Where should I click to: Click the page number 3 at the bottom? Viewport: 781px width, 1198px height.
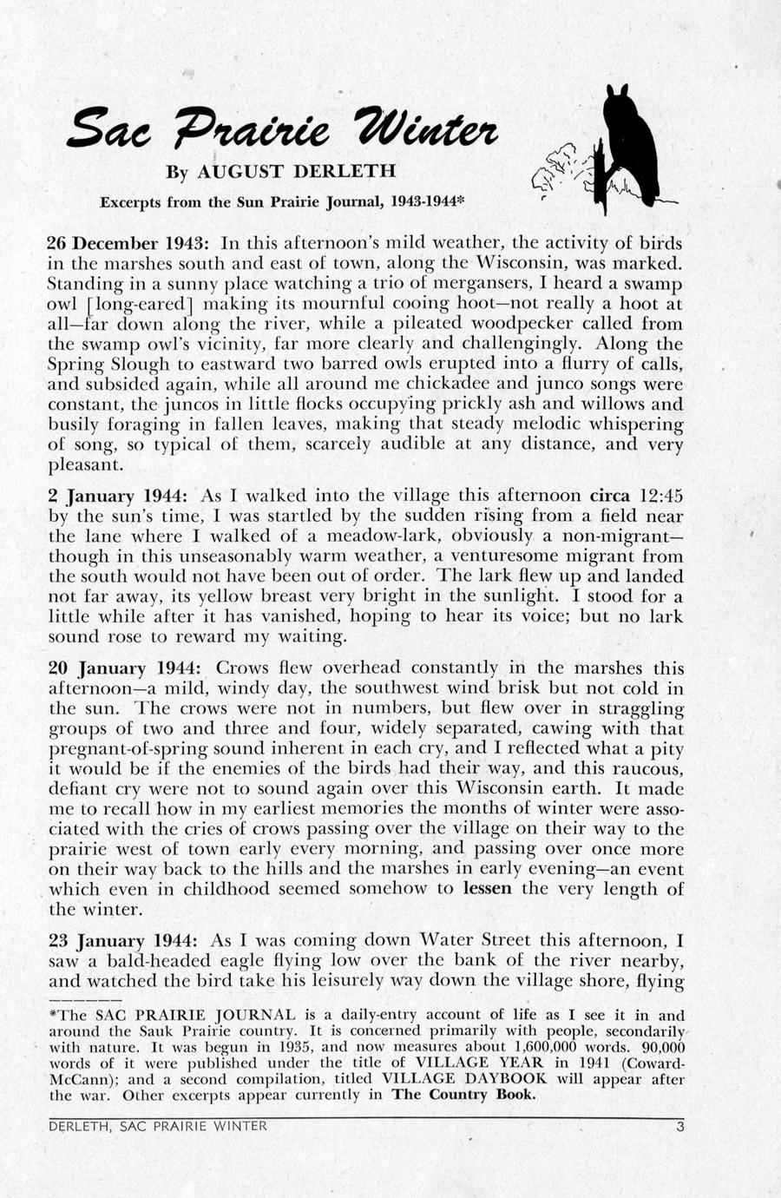(680, 1128)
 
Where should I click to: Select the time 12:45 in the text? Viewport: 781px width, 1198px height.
(660, 496)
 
